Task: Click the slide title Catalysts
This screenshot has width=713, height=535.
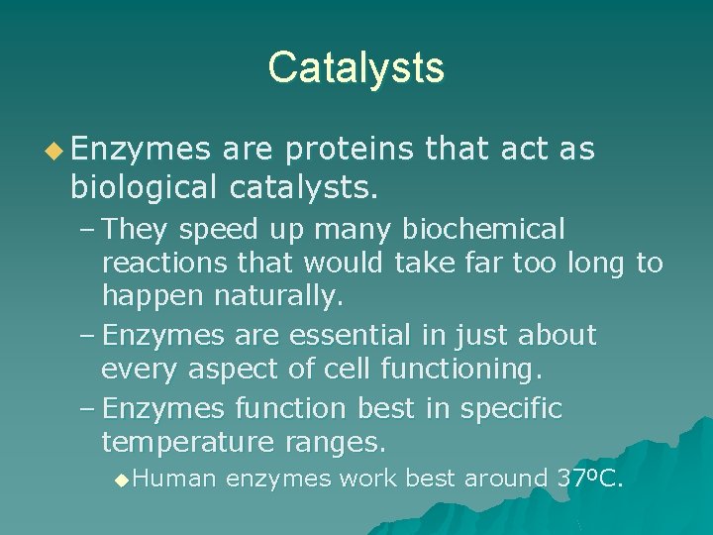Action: coord(356,67)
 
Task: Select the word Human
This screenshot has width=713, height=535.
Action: coord(173,479)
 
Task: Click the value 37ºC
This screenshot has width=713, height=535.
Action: coord(589,479)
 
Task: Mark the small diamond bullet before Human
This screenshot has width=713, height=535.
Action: coord(121,480)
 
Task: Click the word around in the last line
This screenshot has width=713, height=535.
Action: coord(506,479)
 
